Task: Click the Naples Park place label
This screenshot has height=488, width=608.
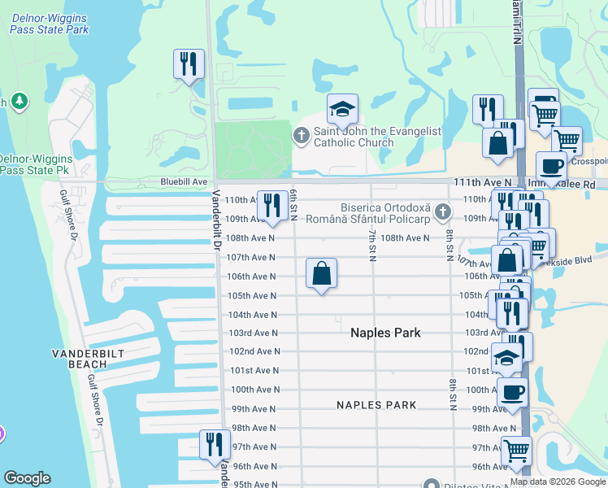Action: tap(385, 333)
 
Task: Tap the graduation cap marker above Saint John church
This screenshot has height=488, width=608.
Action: tap(343, 109)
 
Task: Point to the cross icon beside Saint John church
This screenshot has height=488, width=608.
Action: tap(302, 136)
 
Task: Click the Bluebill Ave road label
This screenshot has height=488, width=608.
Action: tap(184, 181)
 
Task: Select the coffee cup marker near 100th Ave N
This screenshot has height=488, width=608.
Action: tap(512, 393)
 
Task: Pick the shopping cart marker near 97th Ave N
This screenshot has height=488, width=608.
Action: tap(516, 449)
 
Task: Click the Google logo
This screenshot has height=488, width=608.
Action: tap(27, 478)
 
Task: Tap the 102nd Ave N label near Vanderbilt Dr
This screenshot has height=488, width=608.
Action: tap(254, 351)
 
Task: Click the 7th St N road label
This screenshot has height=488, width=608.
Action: tap(371, 243)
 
